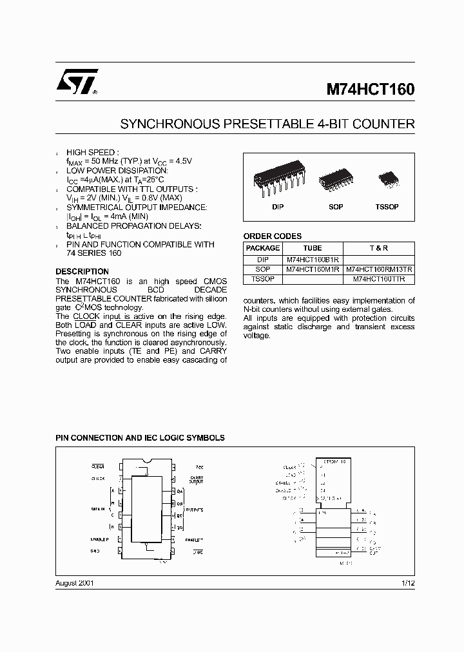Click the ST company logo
point(76,82)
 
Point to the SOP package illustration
point(335,178)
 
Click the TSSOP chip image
point(387,178)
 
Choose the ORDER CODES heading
point(272,236)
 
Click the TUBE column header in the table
point(313,248)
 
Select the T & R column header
point(379,248)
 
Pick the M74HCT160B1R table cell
point(313,259)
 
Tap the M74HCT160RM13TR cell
point(379,269)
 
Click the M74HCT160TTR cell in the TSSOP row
point(379,280)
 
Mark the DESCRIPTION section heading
point(82,272)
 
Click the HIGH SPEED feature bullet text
point(93,153)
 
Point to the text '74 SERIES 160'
point(94,253)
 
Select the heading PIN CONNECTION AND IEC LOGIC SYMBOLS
point(140,437)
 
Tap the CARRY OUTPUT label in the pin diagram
point(197,479)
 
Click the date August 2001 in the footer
point(75,582)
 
